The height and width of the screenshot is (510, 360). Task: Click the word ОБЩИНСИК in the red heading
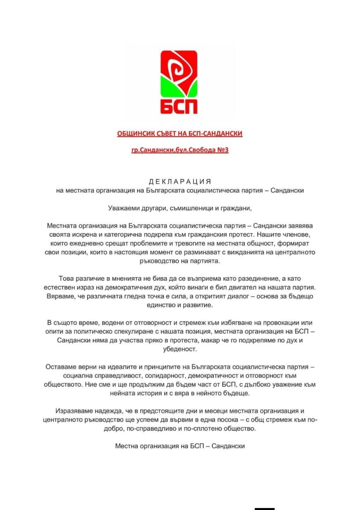coord(134,134)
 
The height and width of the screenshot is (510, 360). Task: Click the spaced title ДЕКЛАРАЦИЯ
coord(180,182)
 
